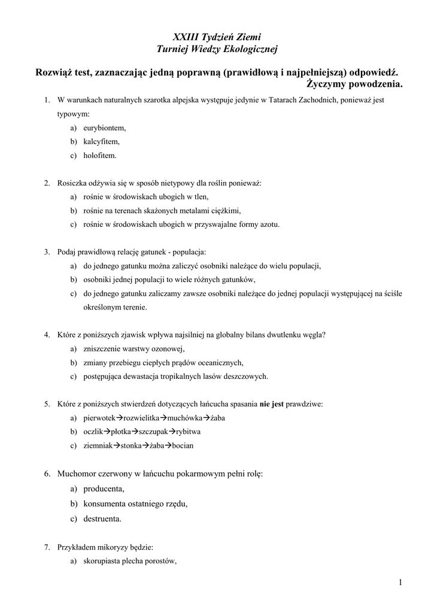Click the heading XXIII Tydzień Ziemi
(x=217, y=37)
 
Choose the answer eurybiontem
(x=104, y=128)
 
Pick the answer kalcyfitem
(x=101, y=141)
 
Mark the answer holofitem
(x=100, y=155)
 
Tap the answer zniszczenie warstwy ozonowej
(x=134, y=348)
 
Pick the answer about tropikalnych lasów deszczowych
(x=176, y=376)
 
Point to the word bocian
(x=183, y=445)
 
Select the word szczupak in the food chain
(x=153, y=431)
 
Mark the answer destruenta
(x=102, y=518)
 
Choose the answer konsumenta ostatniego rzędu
(x=135, y=503)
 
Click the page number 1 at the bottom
(x=399, y=582)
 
